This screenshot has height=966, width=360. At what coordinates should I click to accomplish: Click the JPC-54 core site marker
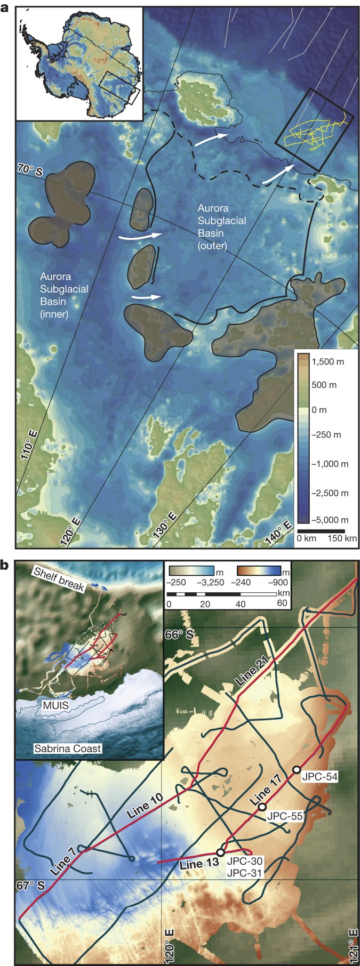(297, 769)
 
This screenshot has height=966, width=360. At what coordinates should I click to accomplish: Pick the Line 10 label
(145, 807)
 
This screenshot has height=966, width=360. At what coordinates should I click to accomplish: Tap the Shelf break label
(59, 579)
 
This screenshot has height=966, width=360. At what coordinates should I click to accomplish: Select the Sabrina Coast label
(67, 748)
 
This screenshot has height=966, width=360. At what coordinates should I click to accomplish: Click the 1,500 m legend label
(327, 361)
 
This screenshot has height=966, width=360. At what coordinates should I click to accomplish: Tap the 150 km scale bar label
(342, 538)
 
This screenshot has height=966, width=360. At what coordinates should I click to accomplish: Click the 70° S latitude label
(30, 170)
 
